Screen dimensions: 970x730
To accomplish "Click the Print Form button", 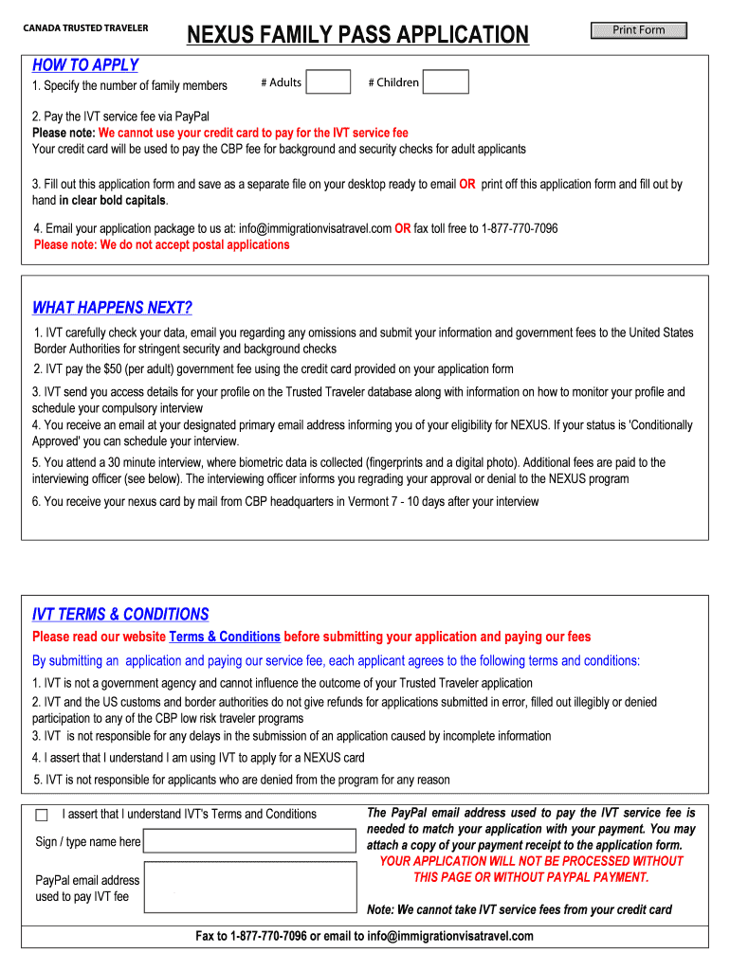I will [638, 30].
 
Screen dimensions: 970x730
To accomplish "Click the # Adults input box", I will [329, 82].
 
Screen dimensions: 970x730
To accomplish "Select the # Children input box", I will [446, 82].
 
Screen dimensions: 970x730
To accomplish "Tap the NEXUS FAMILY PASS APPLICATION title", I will [357, 36].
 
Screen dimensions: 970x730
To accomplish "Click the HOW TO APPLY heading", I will [85, 65].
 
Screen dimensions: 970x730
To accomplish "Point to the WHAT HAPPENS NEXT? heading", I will [112, 308].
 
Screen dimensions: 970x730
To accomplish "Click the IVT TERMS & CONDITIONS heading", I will [120, 615].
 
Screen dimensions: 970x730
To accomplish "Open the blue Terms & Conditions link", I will [225, 637].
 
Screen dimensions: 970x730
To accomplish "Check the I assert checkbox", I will [42, 816].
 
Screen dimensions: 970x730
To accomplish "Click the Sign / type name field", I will [249, 841].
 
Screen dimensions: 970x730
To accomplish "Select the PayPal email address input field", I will [249, 887].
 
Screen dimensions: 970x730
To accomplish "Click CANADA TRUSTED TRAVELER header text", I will [85, 28].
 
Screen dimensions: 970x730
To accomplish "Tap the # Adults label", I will [282, 82].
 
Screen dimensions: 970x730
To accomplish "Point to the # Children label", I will [393, 82].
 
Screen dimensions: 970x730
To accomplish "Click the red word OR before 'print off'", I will [467, 185].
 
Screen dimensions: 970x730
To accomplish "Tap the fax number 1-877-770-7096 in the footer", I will [268, 936].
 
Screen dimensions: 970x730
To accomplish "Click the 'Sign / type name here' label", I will [88, 841].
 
